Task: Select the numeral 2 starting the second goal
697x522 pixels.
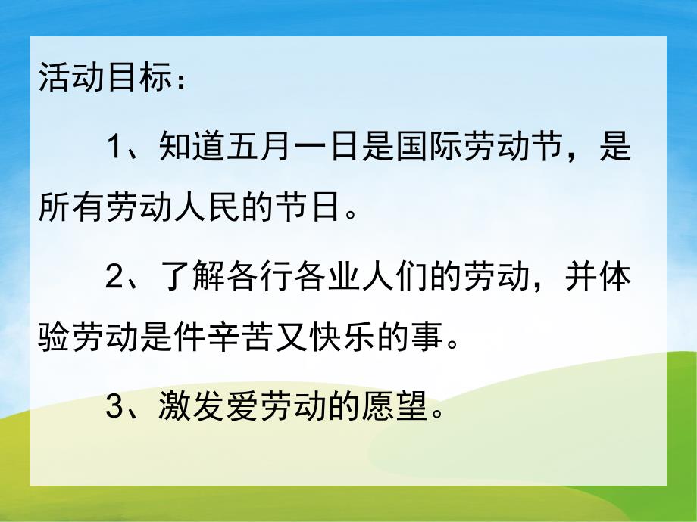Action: tap(114, 279)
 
